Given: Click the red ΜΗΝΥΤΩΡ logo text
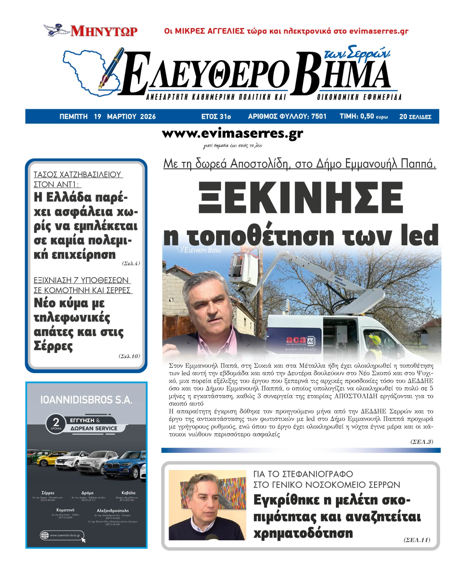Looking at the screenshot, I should pyautogui.click(x=104, y=31).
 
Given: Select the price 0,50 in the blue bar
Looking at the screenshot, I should pyautogui.click(x=367, y=116).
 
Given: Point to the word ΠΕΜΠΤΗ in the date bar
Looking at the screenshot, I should pyautogui.click(x=74, y=117).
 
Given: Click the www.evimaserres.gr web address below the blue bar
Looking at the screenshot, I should pyautogui.click(x=232, y=134).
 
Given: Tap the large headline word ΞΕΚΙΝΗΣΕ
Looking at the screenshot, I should pyautogui.click(x=301, y=198).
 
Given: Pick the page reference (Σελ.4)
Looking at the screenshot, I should pyautogui.click(x=131, y=263).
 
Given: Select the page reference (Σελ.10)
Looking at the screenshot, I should pyautogui.click(x=129, y=356).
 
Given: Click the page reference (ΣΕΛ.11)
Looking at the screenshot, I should pyautogui.click(x=416, y=540).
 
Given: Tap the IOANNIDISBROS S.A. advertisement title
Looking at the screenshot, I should pyautogui.click(x=86, y=400).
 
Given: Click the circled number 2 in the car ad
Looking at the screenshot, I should pyautogui.click(x=56, y=422).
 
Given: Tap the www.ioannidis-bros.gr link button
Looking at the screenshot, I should pyautogui.click(x=62, y=535).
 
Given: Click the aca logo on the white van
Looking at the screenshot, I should pyautogui.click(x=295, y=340).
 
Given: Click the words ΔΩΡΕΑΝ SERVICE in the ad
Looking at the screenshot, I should pyautogui.click(x=94, y=428).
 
